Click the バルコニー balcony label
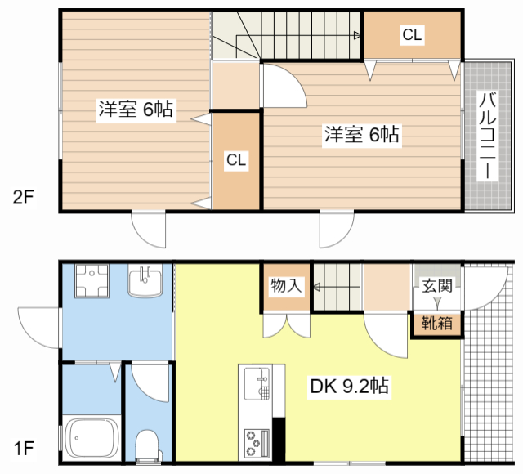tap(487, 136)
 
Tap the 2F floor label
tap(24, 197)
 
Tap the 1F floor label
tap(24, 448)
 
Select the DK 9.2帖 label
tap(349, 386)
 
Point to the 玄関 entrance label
tap(437, 286)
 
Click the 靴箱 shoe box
tap(437, 324)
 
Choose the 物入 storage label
tap(286, 285)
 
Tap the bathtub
tap(92, 438)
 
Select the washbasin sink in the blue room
tap(145, 280)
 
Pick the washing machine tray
tap(92, 281)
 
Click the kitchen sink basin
tap(257, 383)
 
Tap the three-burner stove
tap(257, 443)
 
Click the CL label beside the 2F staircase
tap(412, 34)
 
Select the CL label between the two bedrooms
tap(236, 160)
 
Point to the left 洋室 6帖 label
tap(136, 109)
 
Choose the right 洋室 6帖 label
tap(362, 134)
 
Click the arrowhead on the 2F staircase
tap(357, 35)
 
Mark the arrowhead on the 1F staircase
tap(317, 287)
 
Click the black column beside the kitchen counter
tap(279, 440)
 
